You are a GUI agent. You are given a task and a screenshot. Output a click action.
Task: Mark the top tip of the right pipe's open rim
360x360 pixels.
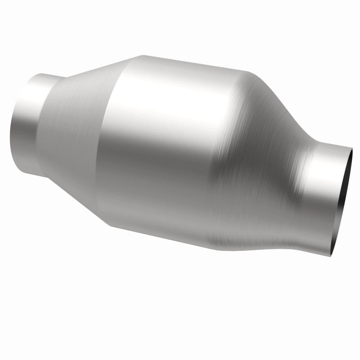tap(351, 147)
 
